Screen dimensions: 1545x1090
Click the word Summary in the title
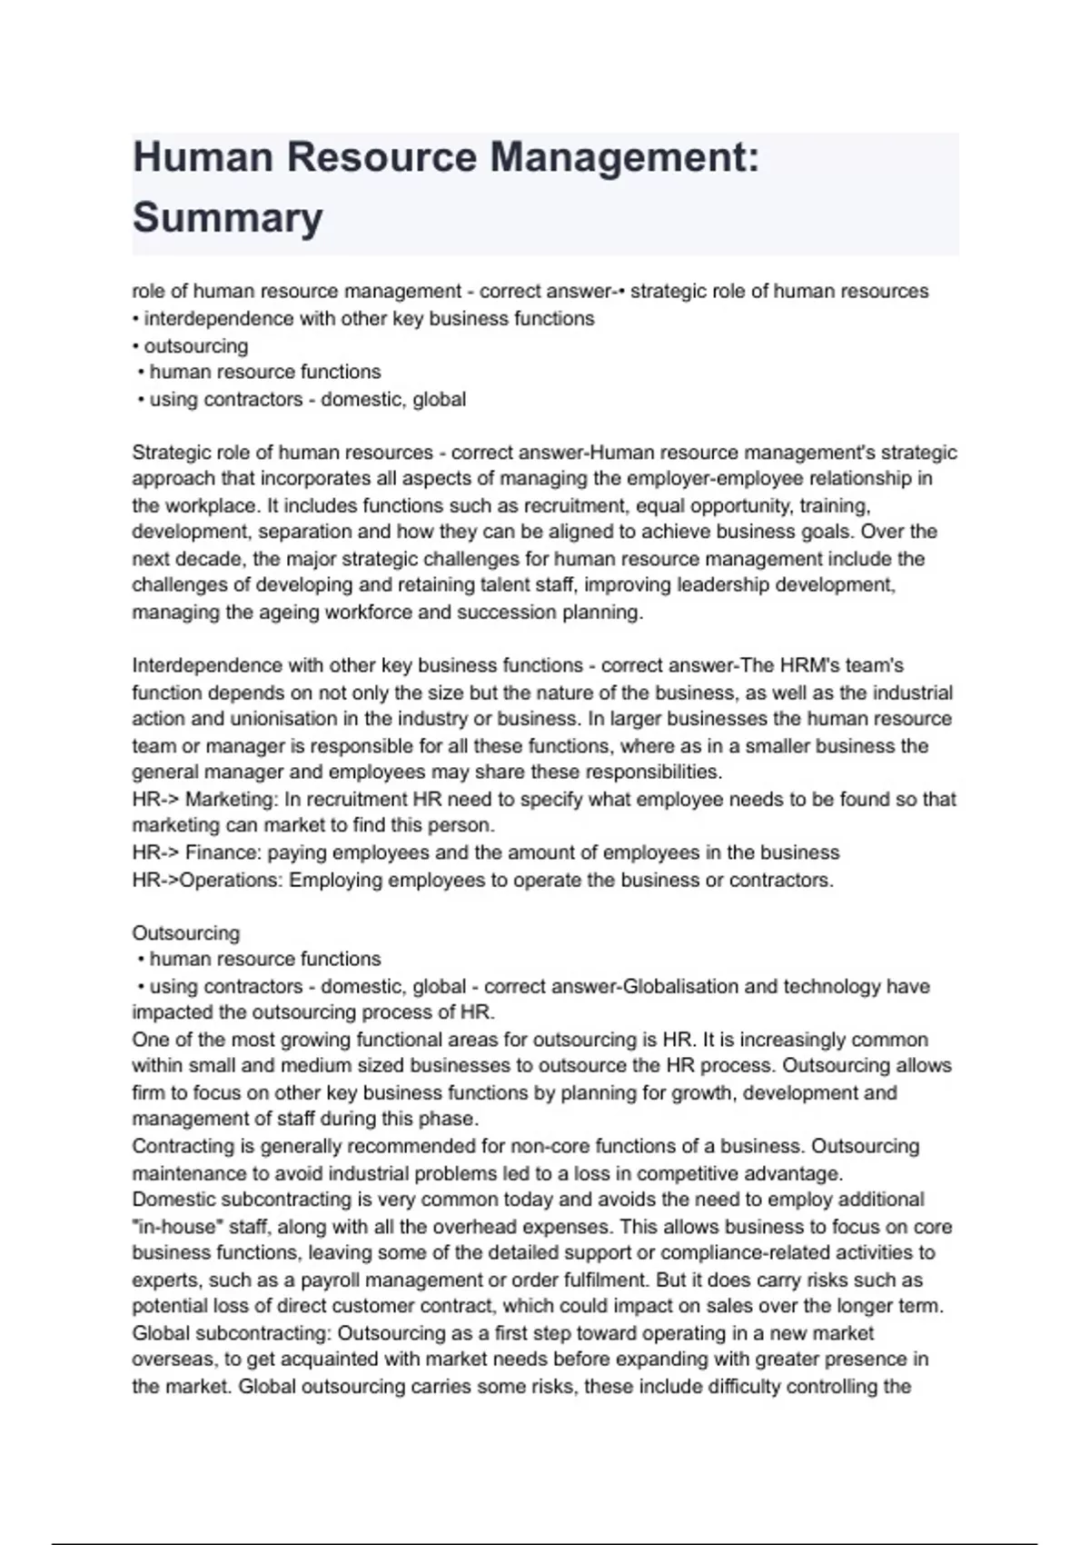(x=227, y=218)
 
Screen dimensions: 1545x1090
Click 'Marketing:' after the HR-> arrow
(x=232, y=800)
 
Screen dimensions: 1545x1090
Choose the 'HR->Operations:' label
(x=207, y=881)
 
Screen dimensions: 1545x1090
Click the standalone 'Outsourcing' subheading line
(x=186, y=933)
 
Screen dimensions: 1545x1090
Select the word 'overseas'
(x=171, y=1361)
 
